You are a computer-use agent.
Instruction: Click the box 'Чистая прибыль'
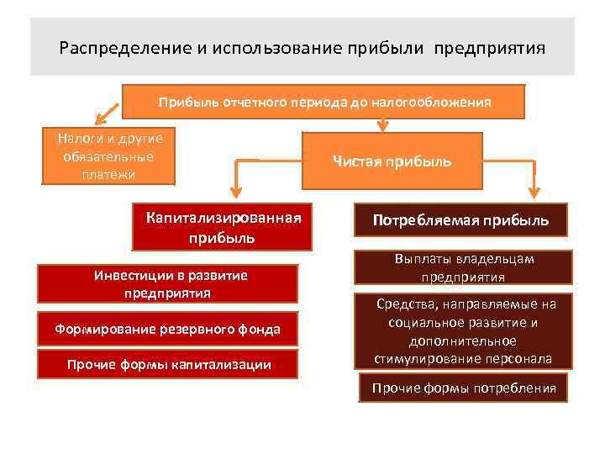pyautogui.click(x=392, y=161)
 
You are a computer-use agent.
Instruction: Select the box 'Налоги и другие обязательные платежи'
pyautogui.click(x=109, y=156)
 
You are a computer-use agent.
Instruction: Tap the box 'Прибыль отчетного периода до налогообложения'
pyautogui.click(x=324, y=102)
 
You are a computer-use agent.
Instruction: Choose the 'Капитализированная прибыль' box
pyautogui.click(x=222, y=227)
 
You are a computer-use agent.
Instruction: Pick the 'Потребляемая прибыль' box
pyautogui.click(x=461, y=220)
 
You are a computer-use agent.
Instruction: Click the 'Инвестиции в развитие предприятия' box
pyautogui.click(x=168, y=284)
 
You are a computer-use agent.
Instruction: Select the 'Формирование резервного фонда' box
pyautogui.click(x=168, y=329)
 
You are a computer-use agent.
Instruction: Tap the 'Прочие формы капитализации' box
pyautogui.click(x=168, y=364)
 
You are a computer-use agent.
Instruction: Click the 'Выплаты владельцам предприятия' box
pyautogui.click(x=463, y=267)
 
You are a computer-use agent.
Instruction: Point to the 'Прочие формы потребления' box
pyautogui.click(x=464, y=388)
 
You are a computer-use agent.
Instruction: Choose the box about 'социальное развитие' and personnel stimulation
pyautogui.click(x=464, y=330)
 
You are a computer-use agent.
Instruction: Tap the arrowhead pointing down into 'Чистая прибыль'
pyautogui.click(x=383, y=127)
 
